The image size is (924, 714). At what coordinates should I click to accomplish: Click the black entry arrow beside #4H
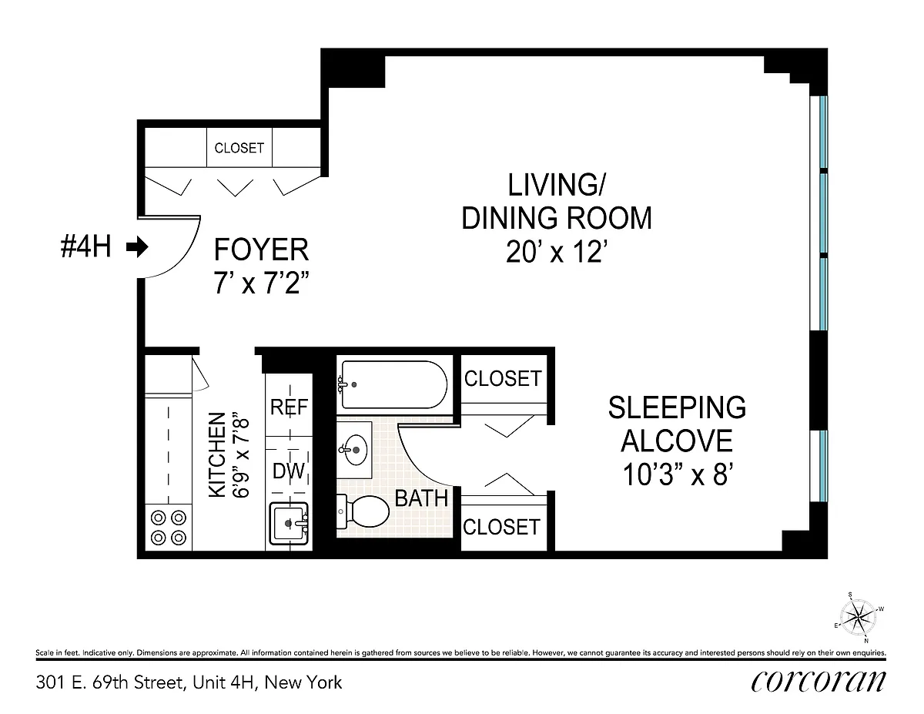137,247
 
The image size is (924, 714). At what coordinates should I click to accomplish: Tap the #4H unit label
86,246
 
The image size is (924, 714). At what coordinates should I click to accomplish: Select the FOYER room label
261,250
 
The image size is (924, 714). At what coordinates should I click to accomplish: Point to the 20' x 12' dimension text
556,252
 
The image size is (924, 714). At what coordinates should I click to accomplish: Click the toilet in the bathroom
363,511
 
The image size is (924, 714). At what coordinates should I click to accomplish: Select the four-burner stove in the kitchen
169,528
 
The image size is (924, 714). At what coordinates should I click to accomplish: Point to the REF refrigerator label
290,407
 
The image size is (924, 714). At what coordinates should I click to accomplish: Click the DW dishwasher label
289,471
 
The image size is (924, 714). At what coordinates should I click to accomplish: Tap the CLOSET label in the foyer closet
239,148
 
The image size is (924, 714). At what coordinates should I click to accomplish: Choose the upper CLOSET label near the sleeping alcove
503,378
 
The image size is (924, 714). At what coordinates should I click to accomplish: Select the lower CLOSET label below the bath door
502,528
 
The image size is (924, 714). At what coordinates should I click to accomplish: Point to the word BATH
421,498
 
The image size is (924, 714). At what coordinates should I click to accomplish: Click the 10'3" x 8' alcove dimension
678,474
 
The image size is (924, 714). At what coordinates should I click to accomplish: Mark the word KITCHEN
217,454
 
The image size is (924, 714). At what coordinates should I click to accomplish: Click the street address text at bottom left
189,683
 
